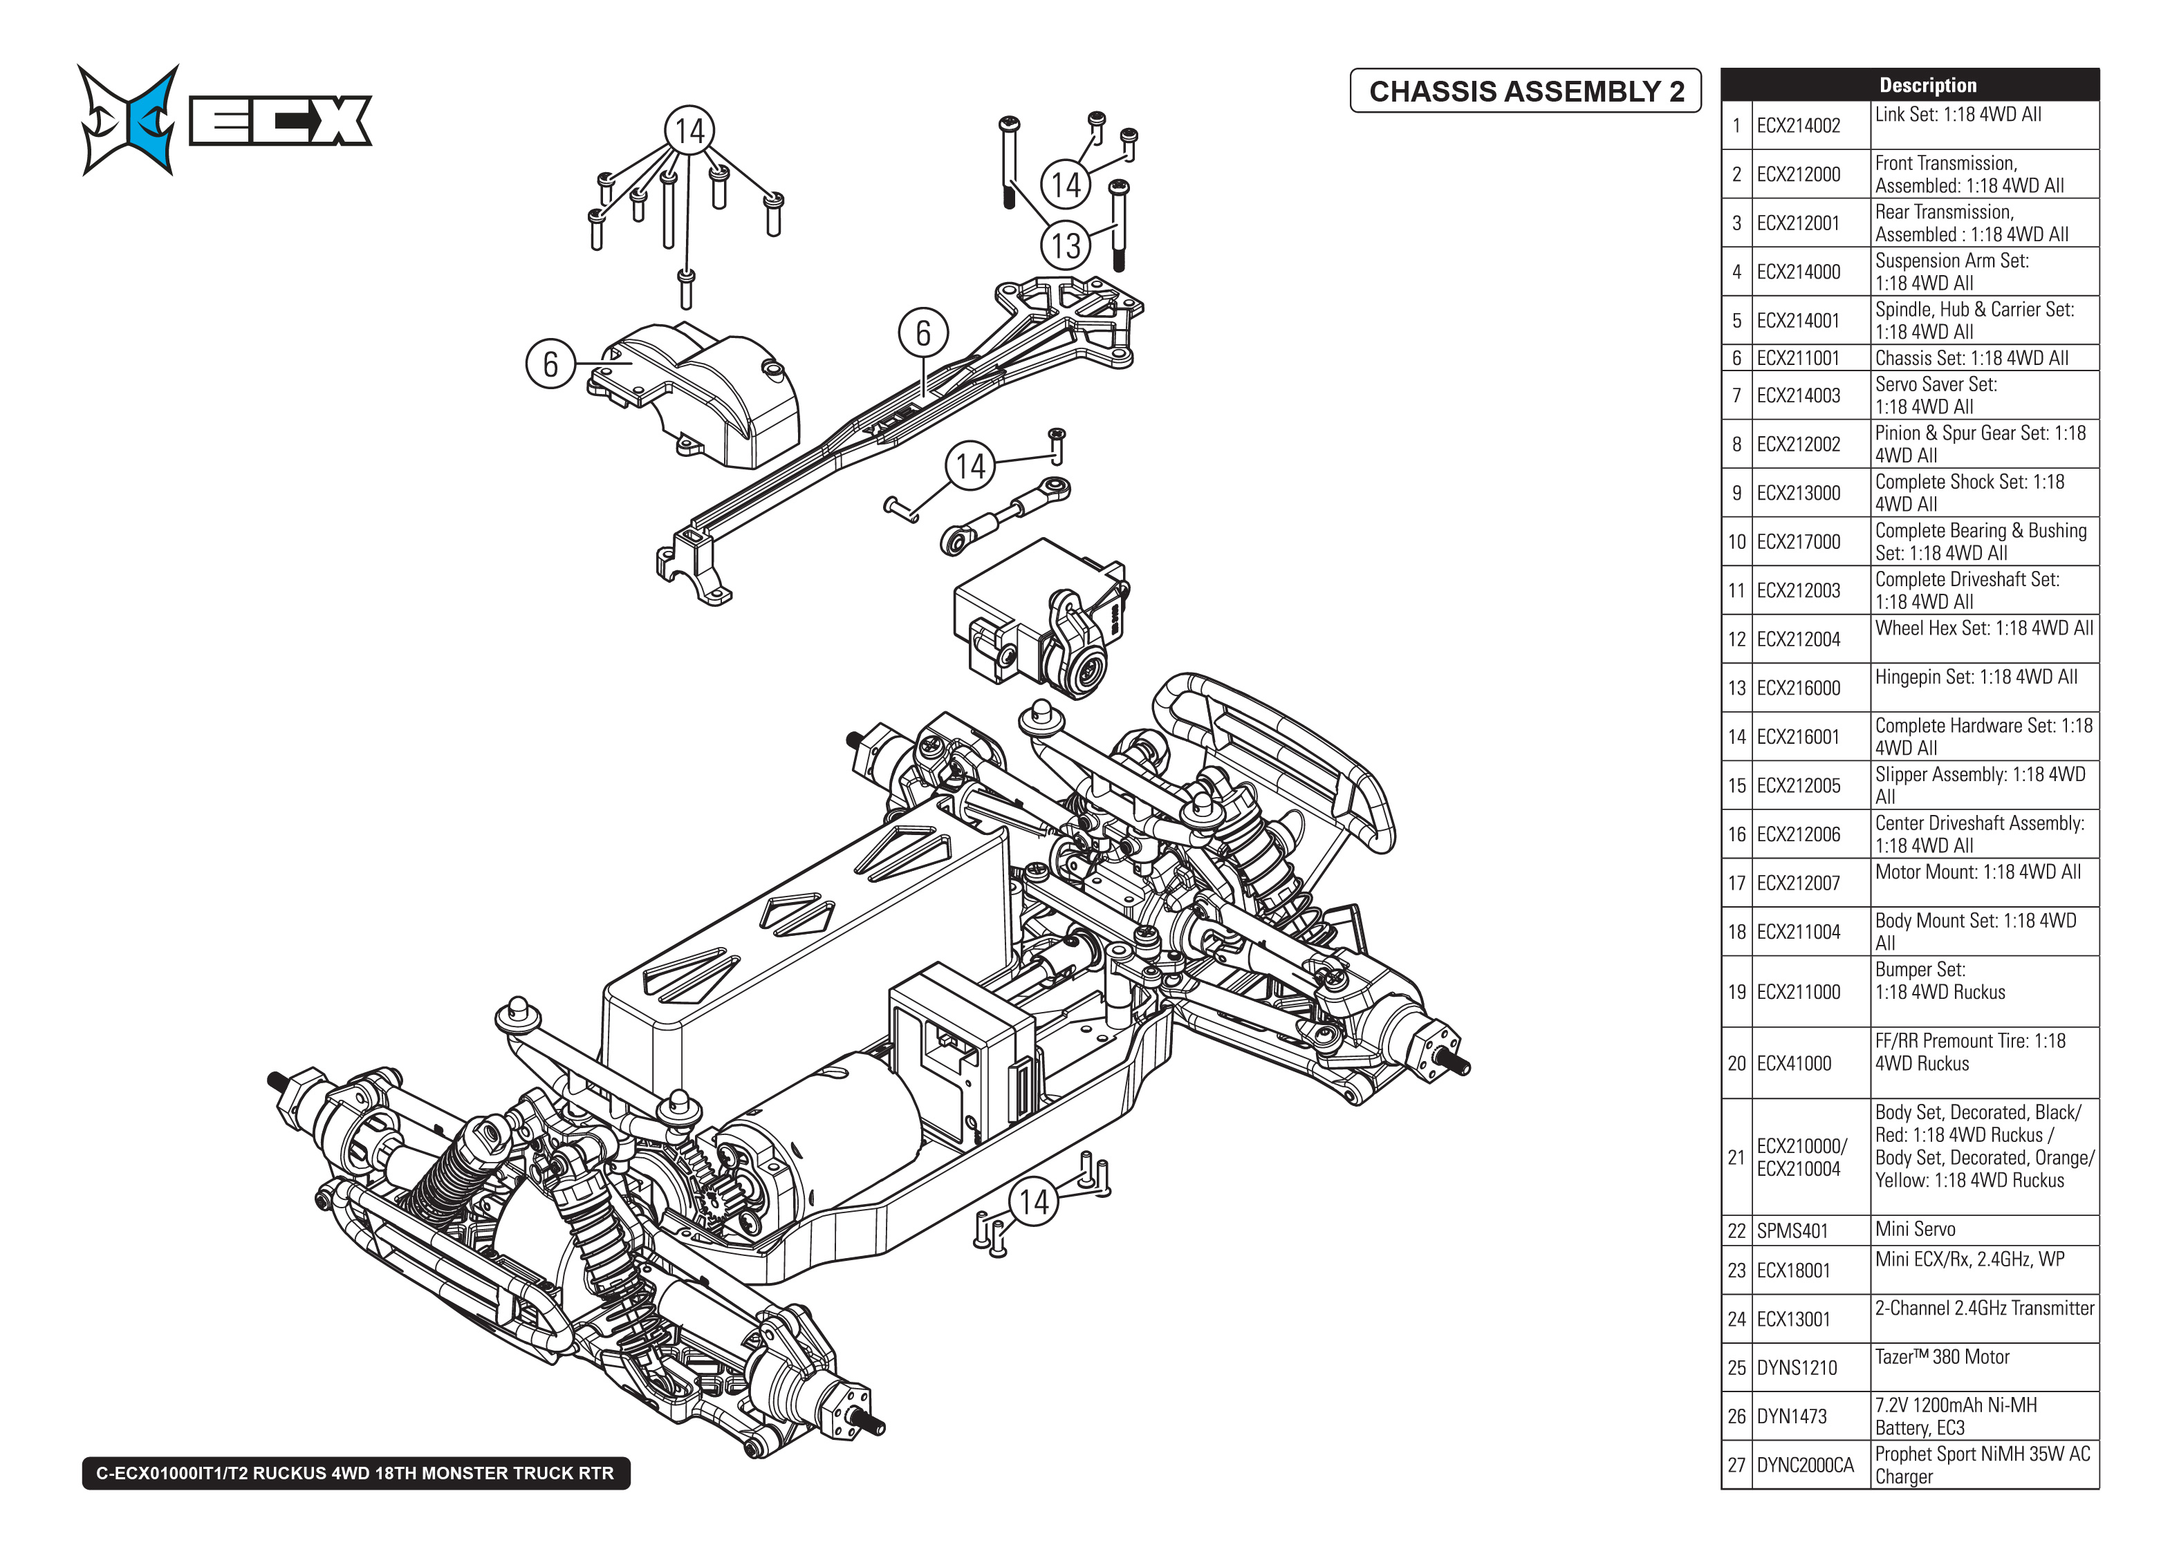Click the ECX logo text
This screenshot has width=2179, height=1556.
(280, 121)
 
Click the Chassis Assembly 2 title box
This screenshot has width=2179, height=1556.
(1525, 91)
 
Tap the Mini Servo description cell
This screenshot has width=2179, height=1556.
(1983, 1229)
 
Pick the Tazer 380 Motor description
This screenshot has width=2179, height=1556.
(1983, 1367)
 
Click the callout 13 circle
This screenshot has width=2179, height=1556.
(1066, 245)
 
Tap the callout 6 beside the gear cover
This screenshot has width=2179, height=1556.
(550, 364)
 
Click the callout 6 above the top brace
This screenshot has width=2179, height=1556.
(922, 332)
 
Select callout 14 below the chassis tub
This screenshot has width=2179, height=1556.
(1034, 1201)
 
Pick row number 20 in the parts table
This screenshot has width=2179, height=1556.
(1736, 1064)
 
